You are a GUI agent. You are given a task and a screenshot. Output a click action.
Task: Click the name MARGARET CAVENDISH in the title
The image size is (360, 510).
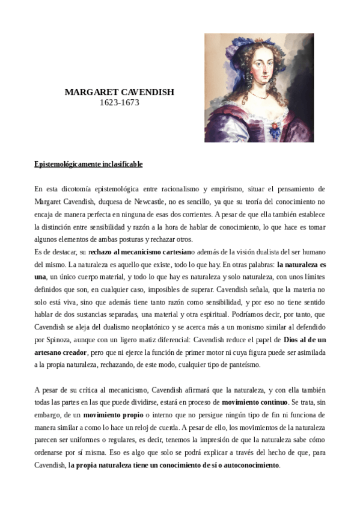119,93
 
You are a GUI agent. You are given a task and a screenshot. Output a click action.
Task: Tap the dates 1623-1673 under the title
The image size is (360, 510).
119,103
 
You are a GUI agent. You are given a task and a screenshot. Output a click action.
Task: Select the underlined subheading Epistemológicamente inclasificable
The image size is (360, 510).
88,164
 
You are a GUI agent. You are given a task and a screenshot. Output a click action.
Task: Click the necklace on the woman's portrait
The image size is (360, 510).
258,95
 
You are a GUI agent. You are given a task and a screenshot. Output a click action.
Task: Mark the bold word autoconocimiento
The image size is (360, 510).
246,465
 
